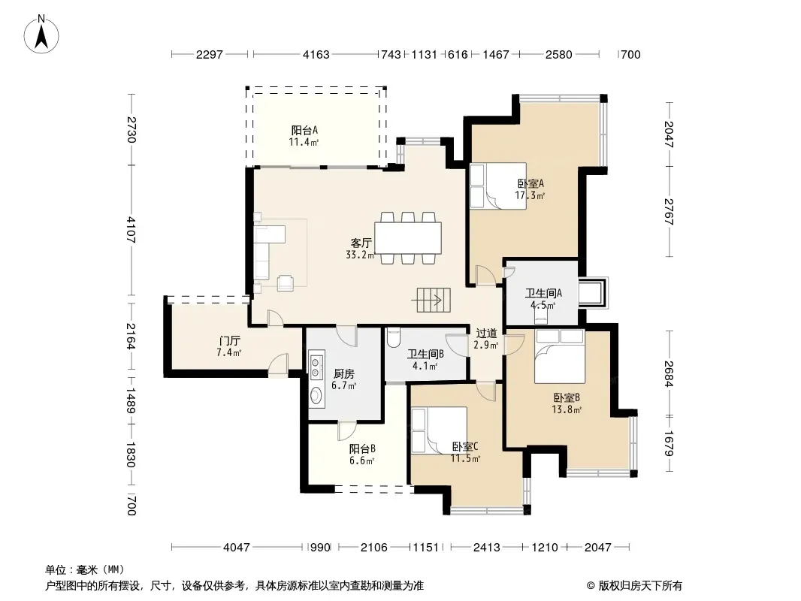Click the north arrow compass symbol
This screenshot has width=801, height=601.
coord(41,35)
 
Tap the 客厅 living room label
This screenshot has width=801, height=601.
coord(361,243)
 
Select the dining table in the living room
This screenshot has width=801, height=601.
coord(408,238)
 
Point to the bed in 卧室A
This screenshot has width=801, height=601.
coord(498,186)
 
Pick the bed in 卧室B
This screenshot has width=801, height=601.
coord(559,356)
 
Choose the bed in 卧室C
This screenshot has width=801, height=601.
coord(440,430)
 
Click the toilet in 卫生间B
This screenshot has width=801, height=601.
coord(393,337)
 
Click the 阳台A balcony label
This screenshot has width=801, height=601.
coord(304,130)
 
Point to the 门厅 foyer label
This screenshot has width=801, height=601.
coord(229,340)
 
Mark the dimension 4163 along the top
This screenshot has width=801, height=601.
coord(316,55)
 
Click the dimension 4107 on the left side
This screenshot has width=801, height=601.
coord(131,230)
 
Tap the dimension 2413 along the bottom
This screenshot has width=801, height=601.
coord(486,548)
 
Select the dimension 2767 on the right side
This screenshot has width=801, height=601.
coord(669,212)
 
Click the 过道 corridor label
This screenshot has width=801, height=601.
coord(486,334)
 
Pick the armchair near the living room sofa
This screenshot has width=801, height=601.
coord(286,283)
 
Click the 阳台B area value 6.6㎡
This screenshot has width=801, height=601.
coord(361,461)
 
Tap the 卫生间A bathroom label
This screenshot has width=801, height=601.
coord(543,293)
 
